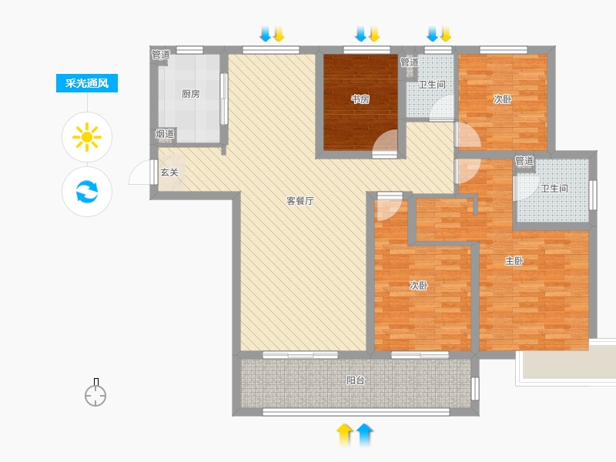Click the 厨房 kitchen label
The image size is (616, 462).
tap(190, 94)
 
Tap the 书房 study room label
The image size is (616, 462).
tap(360, 99)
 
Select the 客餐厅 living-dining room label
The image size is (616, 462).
tap(300, 201)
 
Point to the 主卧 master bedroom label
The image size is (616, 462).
tap(514, 261)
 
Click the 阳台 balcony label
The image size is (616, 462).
tap(356, 380)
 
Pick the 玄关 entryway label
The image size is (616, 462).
tap(169, 172)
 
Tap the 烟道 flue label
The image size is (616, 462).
tap(165, 134)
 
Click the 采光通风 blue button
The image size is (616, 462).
tap(87, 83)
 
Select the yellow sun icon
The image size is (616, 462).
tap(87, 137)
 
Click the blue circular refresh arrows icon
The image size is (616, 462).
tap(87, 191)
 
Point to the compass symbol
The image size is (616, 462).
tap(95, 393)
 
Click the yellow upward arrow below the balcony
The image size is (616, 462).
tap(344, 434)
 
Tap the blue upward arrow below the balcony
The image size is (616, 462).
tap(364, 434)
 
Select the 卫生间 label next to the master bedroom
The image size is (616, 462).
tap(554, 189)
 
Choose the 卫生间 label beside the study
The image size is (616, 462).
tap(432, 85)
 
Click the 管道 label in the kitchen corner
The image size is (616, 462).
tap(161, 55)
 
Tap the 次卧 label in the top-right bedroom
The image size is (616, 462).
tap(503, 99)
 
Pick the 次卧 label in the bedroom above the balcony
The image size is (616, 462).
tap(418, 285)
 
